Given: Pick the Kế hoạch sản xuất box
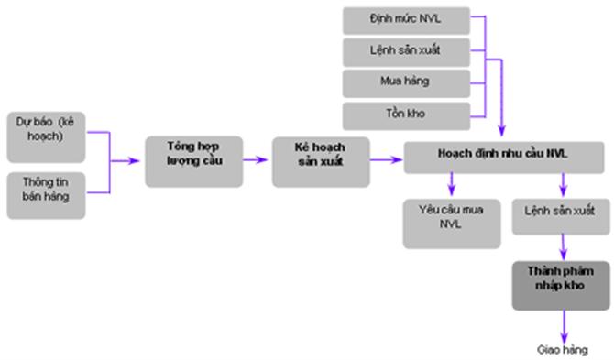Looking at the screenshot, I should pyautogui.click(x=320, y=160).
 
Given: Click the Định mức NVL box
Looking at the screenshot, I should pyautogui.click(x=406, y=18).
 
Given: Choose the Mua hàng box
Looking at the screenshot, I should pyautogui.click(x=406, y=81).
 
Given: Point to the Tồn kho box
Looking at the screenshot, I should pyautogui.click(x=406, y=114).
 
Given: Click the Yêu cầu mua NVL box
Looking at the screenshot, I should pyautogui.click(x=445, y=221).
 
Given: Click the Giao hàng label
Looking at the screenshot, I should pyautogui.click(x=561, y=350).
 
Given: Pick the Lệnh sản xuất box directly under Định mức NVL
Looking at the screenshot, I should pyautogui.click(x=406, y=49).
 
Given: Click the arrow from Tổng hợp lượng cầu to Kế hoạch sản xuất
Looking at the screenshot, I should pyautogui.click(x=257, y=159).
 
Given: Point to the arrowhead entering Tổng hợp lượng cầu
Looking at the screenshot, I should pyautogui.click(x=137, y=160).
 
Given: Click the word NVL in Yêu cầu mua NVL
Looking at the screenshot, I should pyautogui.click(x=445, y=231).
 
